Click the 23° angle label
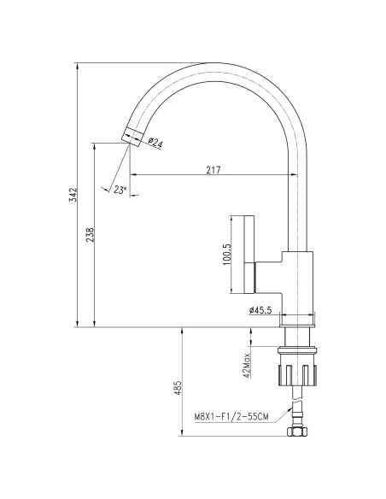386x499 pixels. point(120,190)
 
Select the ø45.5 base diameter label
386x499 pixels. point(260,309)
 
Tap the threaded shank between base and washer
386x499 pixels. point(298,336)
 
